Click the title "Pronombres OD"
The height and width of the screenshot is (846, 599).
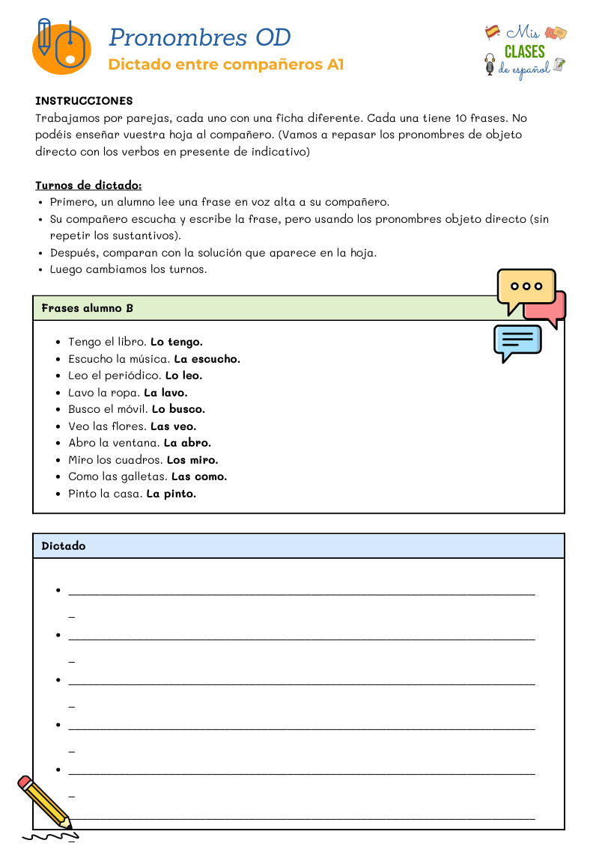(x=199, y=37)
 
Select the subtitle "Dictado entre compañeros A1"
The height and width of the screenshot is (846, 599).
(x=225, y=64)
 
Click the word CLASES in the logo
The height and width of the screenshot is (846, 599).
(x=524, y=52)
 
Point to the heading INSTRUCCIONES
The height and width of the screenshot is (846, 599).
(x=84, y=101)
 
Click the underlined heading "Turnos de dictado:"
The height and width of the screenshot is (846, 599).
(x=88, y=186)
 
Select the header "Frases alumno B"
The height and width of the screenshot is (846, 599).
(x=88, y=308)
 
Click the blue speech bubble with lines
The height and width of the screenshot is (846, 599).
(x=517, y=341)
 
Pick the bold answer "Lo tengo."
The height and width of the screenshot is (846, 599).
(x=177, y=342)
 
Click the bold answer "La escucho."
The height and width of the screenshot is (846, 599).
(x=207, y=359)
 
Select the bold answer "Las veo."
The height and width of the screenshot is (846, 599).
(x=173, y=426)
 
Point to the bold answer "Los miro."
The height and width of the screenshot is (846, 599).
(x=192, y=460)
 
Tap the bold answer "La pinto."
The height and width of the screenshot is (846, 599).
(x=171, y=494)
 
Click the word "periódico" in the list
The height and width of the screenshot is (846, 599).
(x=136, y=376)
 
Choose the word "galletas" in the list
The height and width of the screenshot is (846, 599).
(x=145, y=476)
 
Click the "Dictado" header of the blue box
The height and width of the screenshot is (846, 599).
(x=64, y=546)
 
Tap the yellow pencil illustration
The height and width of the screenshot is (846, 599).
(x=45, y=803)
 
